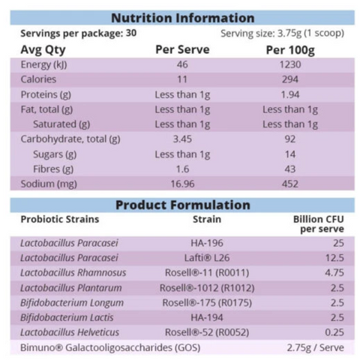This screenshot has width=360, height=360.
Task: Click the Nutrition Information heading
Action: [183, 18]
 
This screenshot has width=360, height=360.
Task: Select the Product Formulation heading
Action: [183, 204]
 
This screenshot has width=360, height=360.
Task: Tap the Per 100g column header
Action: [290, 49]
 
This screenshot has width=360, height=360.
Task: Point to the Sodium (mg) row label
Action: [49, 182]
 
